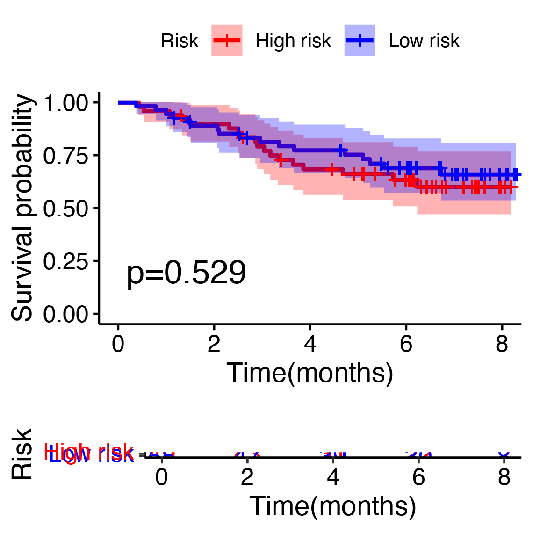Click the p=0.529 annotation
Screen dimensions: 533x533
(x=186, y=273)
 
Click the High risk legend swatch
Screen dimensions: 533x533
(x=227, y=41)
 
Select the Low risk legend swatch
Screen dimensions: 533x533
(x=360, y=41)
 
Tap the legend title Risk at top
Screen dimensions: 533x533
(x=179, y=41)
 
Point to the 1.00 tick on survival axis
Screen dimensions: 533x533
(x=65, y=103)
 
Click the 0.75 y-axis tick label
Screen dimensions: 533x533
(x=65, y=155)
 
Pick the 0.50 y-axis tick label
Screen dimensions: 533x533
(x=65, y=208)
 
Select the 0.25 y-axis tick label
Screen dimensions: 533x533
(x=65, y=261)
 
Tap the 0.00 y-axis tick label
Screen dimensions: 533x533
(x=65, y=314)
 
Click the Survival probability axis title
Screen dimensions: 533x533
(x=22, y=208)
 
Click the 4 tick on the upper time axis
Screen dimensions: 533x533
(x=310, y=345)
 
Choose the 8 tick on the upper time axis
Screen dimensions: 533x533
(x=502, y=345)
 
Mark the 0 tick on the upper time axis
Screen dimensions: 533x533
(x=118, y=345)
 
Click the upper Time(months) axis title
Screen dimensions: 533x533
(x=310, y=373)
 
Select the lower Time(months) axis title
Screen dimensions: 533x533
(x=332, y=506)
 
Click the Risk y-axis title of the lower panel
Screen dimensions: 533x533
(x=22, y=454)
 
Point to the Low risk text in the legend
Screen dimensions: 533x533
(x=424, y=41)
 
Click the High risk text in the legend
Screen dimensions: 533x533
(x=293, y=41)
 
